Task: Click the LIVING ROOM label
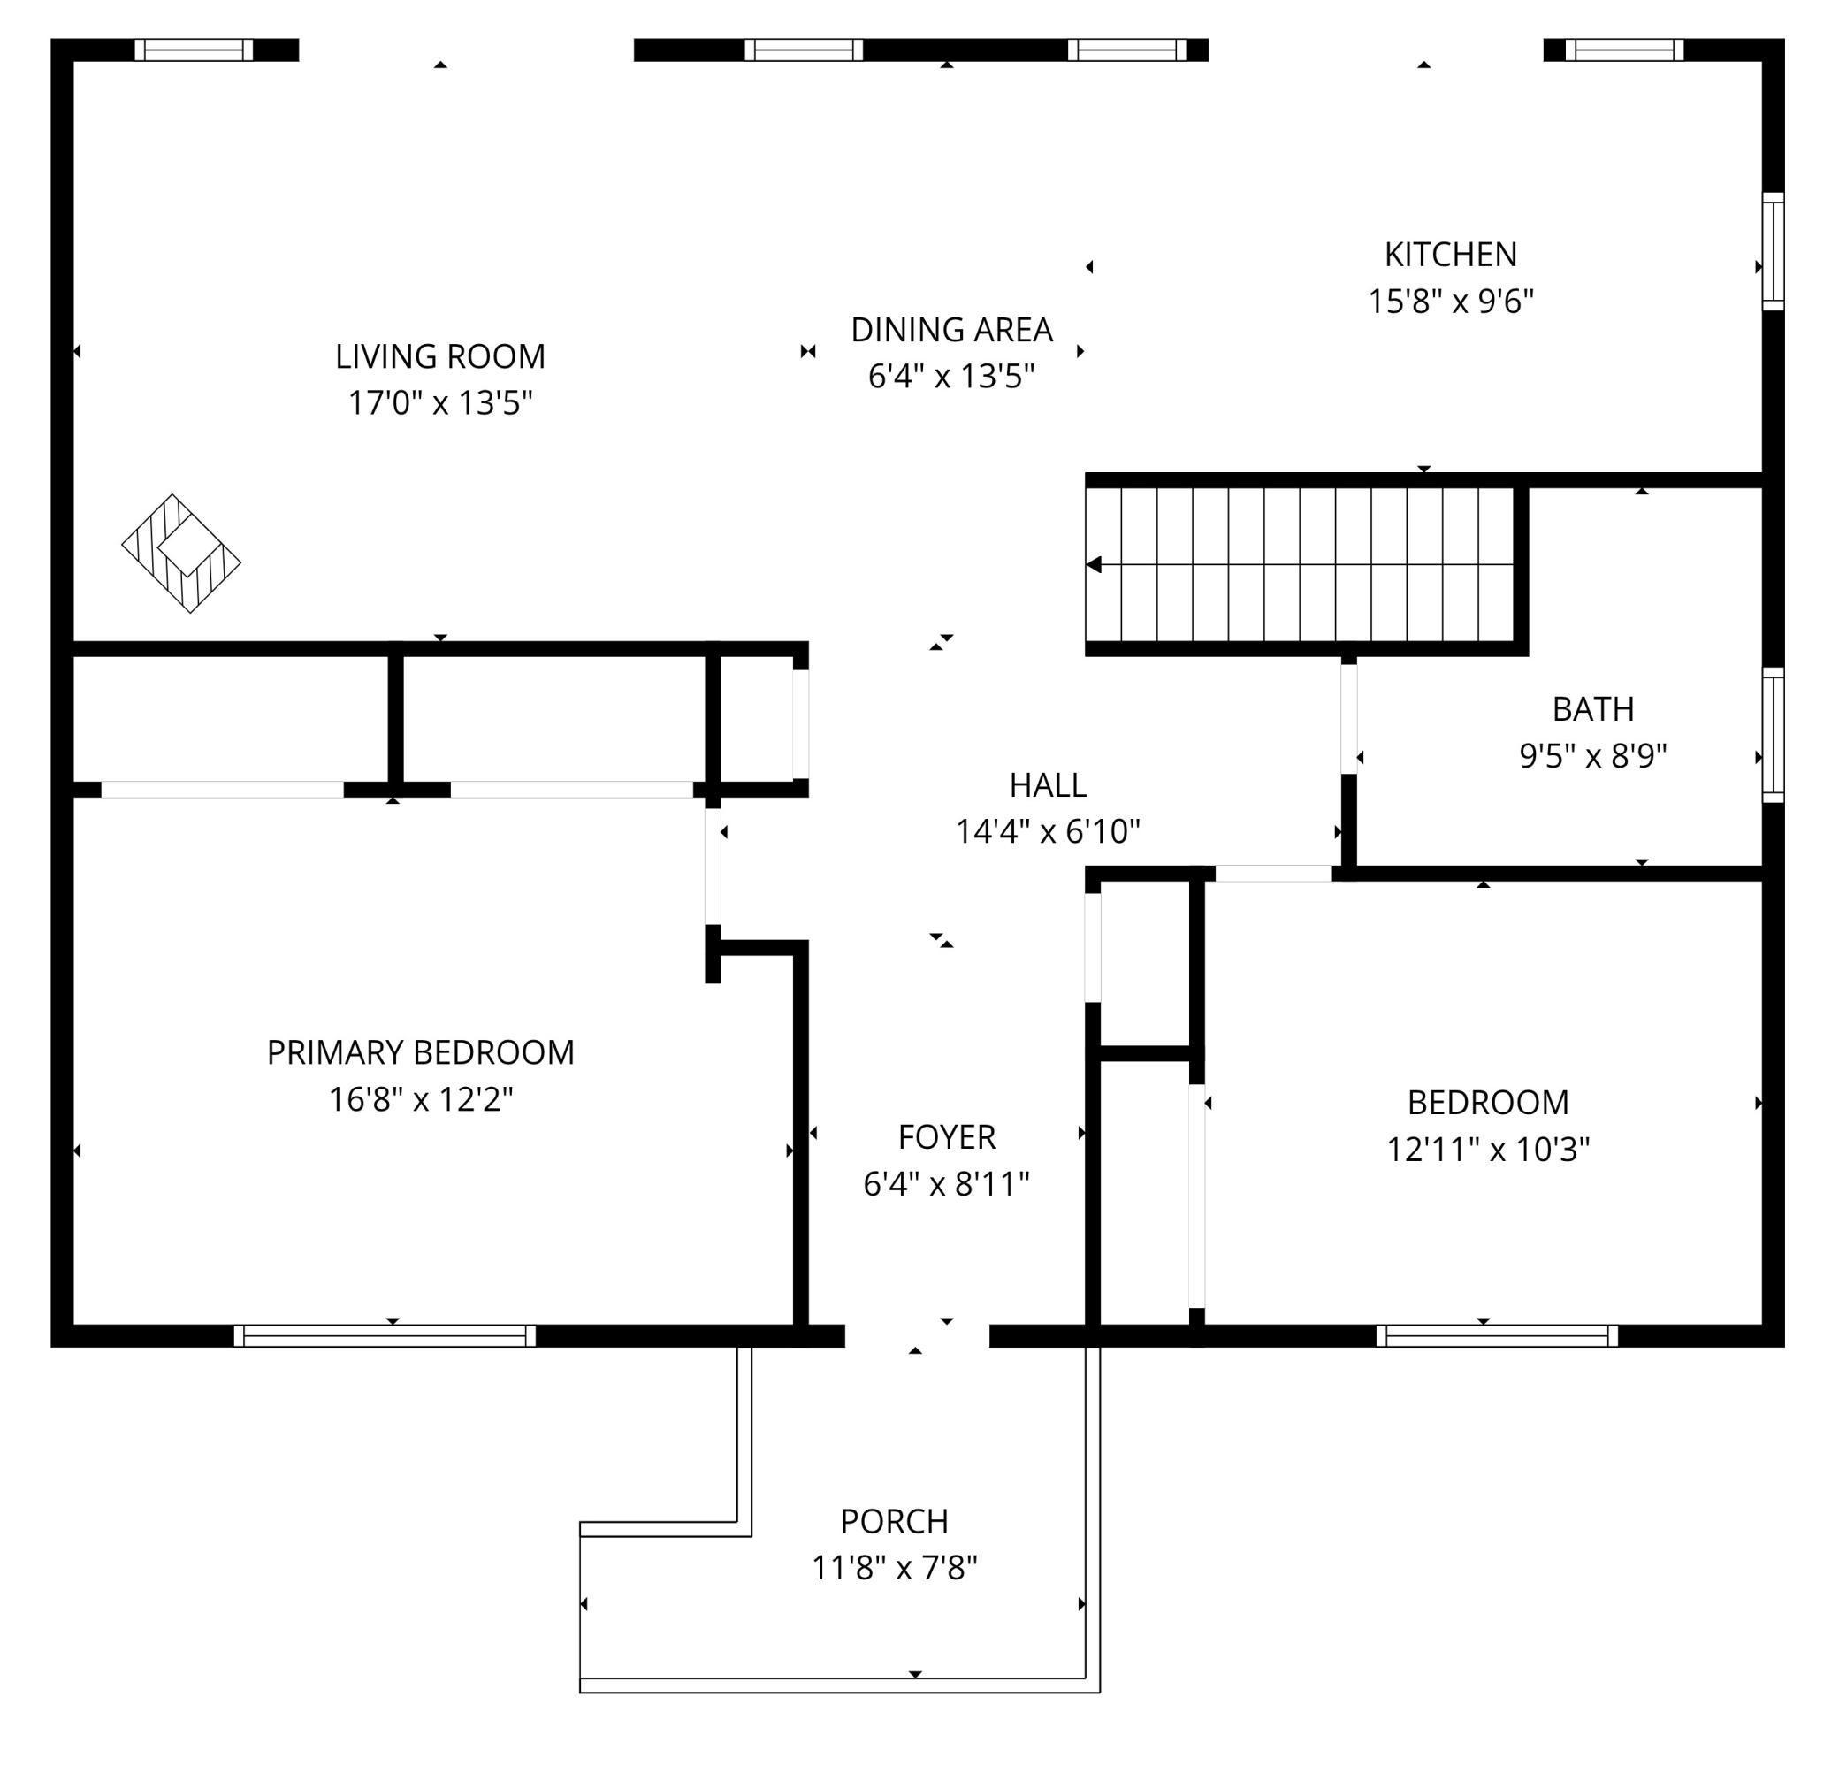point(440,356)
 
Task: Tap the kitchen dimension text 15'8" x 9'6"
point(1451,302)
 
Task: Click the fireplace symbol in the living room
point(181,554)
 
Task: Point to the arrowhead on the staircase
point(1094,565)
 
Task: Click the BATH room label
point(1593,709)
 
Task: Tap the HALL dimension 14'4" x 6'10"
point(1047,831)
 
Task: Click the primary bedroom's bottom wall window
point(385,1335)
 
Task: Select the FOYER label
point(947,1137)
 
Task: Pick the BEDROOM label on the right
point(1488,1103)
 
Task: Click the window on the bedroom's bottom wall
point(1498,1335)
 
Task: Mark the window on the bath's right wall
point(1773,735)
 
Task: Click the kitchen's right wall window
point(1773,251)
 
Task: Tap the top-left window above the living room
point(195,50)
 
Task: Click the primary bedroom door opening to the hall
point(713,866)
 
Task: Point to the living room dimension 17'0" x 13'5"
point(440,403)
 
